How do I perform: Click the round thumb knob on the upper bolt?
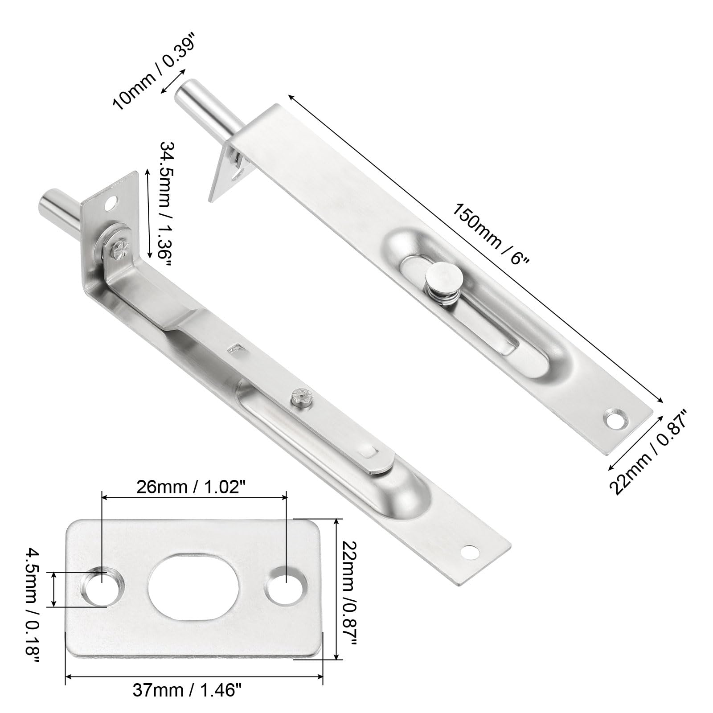coord(442,278)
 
